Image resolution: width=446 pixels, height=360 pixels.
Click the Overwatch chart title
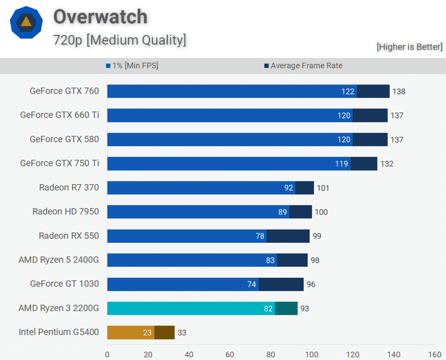pyautogui.click(x=100, y=17)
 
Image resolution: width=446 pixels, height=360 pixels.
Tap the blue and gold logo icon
pyautogui.click(x=26, y=23)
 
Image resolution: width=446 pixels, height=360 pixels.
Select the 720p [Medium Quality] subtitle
pyautogui.click(x=120, y=40)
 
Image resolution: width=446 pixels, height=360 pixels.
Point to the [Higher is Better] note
pyautogui.click(x=409, y=47)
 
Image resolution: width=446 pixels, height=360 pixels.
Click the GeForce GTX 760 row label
pyautogui.click(x=64, y=91)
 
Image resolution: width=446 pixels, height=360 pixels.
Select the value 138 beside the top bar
pyautogui.click(x=399, y=91)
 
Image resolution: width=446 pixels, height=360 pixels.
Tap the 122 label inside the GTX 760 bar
pyautogui.click(x=348, y=91)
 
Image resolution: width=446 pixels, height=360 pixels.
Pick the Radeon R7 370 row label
pyautogui.click(x=69, y=188)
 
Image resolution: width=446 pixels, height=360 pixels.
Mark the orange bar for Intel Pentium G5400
pyautogui.click(x=130, y=332)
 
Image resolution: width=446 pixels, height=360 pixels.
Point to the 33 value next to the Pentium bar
pyautogui.click(x=182, y=333)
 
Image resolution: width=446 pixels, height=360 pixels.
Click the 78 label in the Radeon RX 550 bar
pyautogui.click(x=260, y=236)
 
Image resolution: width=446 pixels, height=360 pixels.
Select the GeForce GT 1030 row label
pyautogui.click(x=64, y=284)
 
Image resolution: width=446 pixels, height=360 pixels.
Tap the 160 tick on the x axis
pyautogui.click(x=435, y=354)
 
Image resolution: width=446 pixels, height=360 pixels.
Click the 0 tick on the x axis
pyautogui.click(x=107, y=354)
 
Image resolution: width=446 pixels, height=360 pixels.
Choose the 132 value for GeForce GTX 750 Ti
pyautogui.click(x=386, y=164)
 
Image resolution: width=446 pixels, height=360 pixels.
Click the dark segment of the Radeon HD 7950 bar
pyautogui.click(x=301, y=212)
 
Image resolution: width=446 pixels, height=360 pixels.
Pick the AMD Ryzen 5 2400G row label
pyautogui.click(x=59, y=260)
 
